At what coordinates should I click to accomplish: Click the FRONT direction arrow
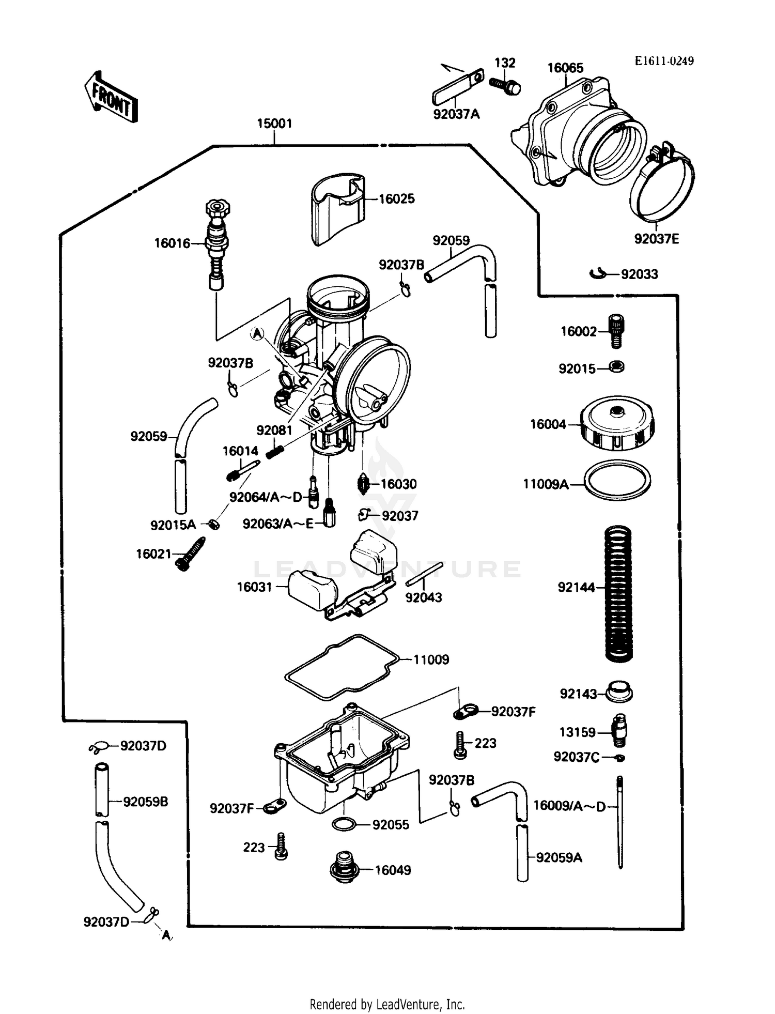(111, 97)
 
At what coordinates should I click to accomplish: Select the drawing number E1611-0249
(664, 61)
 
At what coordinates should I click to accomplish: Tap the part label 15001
(274, 124)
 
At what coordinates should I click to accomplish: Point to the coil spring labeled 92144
(618, 593)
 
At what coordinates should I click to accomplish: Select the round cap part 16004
(617, 423)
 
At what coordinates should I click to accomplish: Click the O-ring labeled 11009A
(617, 480)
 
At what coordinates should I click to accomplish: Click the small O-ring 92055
(344, 824)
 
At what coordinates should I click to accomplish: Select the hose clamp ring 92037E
(661, 188)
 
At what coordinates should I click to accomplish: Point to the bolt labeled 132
(505, 86)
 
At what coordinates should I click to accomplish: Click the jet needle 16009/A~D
(620, 822)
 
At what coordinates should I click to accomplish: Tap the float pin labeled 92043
(424, 574)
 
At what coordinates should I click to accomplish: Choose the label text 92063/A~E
(278, 524)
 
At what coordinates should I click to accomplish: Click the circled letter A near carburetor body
(257, 334)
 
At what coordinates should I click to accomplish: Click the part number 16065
(565, 68)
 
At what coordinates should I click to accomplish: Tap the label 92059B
(145, 802)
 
